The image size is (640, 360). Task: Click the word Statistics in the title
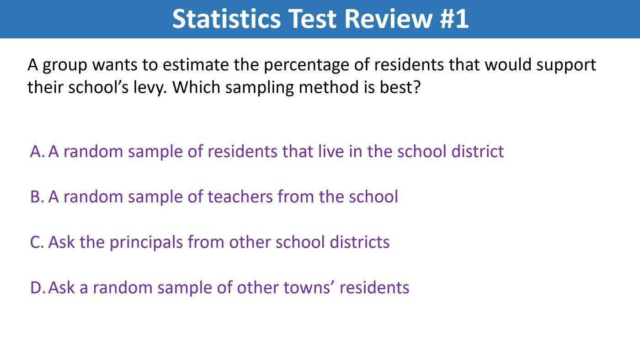tap(227, 19)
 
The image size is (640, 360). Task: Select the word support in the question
tap(566, 65)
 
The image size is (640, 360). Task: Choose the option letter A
tap(36, 151)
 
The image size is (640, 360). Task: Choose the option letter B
tap(36, 196)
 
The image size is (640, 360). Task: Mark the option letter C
tap(36, 242)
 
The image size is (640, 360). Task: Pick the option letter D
tap(37, 287)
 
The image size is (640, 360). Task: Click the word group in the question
tap(65, 65)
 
